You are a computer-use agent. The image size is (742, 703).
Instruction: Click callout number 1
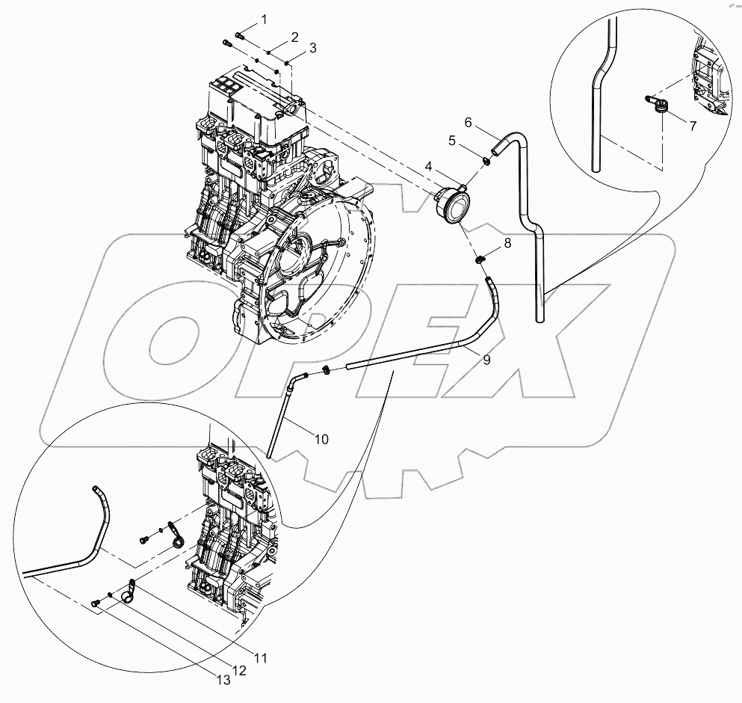tap(263, 18)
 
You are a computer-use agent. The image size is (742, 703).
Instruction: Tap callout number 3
tap(312, 48)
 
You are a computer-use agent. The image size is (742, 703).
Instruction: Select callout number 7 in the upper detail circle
tap(692, 126)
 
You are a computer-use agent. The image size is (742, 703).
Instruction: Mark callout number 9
tap(486, 360)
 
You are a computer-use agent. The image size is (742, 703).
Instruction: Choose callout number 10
tap(321, 439)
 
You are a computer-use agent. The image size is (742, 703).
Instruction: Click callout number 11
tap(260, 658)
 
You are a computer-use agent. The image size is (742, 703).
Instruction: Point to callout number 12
tap(238, 671)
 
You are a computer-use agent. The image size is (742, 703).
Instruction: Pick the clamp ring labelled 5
tap(486, 159)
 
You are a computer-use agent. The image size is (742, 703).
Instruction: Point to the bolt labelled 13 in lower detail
tap(95, 603)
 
